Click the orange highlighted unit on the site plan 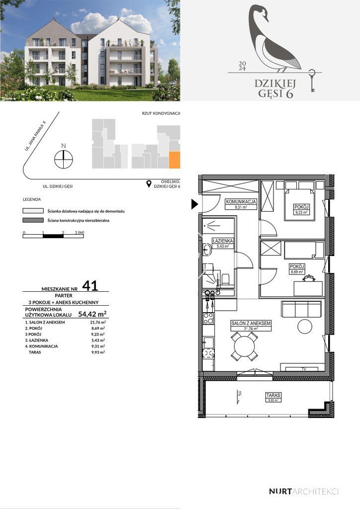[174, 161]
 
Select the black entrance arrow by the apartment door [194, 203]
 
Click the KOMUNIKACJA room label [241, 202]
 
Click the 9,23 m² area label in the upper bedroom [302, 212]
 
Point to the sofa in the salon [301, 309]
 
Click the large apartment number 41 [90, 286]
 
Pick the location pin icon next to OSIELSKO [148, 184]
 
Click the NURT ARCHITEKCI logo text [303, 491]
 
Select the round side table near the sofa [304, 327]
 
